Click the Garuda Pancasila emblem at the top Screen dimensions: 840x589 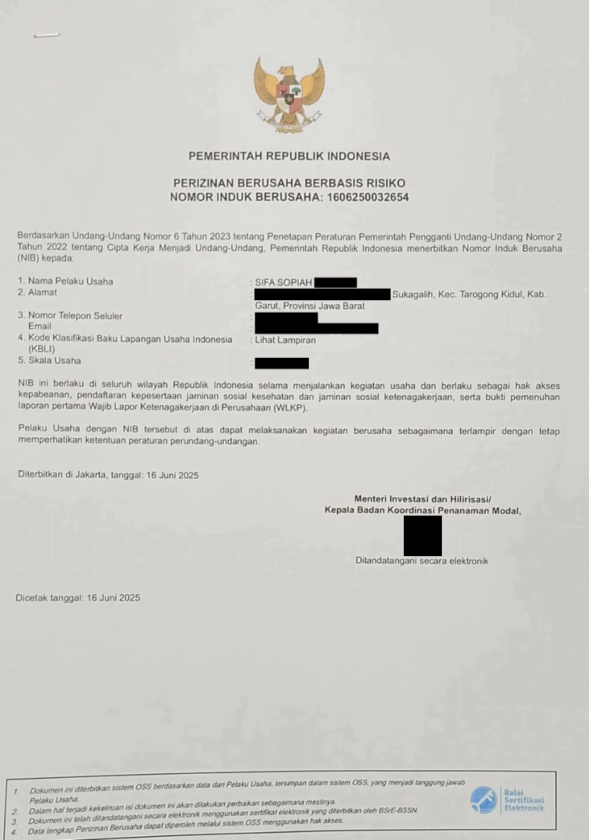(x=289, y=94)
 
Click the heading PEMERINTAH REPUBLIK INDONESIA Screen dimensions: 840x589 (x=289, y=156)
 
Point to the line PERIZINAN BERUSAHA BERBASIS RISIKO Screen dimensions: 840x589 (x=289, y=183)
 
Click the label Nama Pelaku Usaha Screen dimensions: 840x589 (x=70, y=282)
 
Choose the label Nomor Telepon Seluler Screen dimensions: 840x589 (x=75, y=316)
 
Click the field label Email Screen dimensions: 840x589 (x=40, y=327)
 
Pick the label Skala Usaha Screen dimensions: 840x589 (x=54, y=361)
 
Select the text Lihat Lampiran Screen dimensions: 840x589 (x=286, y=340)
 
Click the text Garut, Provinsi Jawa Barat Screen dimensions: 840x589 (x=310, y=306)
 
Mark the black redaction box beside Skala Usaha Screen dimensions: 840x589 (x=282, y=363)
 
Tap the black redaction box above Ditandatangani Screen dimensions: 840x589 (x=422, y=535)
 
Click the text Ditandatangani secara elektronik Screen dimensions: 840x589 (x=422, y=561)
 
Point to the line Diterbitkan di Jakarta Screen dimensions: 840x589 (x=107, y=474)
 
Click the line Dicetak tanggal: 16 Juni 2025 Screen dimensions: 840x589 (x=78, y=598)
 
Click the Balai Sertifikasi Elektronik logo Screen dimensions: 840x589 (x=507, y=800)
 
